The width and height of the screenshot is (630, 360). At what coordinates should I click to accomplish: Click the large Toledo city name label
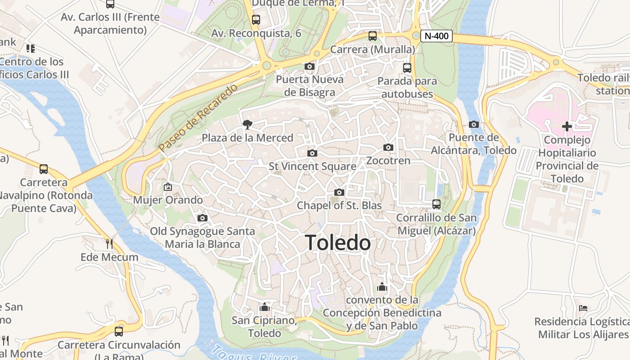coord(338,243)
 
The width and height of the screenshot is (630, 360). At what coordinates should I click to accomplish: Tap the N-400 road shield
coord(436,36)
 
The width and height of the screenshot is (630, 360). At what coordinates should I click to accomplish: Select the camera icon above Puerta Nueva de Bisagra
coord(310,67)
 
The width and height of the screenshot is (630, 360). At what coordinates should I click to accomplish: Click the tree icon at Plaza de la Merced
coord(247,125)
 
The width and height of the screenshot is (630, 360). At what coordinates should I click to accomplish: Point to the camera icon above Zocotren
coord(388,148)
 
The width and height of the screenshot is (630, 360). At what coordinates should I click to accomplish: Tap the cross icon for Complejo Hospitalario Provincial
coord(567,126)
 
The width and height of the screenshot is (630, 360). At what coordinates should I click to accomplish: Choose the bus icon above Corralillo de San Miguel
coord(436,204)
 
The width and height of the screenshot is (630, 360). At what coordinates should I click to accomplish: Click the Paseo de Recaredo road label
coord(198,117)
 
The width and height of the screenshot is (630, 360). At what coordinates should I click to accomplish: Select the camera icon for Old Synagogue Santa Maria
coord(202,218)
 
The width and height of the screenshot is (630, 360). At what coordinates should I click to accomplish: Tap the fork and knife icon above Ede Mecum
coord(109,244)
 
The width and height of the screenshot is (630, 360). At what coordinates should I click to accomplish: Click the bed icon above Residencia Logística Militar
coord(583,308)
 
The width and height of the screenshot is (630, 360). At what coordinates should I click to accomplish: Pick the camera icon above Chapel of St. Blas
coord(339,193)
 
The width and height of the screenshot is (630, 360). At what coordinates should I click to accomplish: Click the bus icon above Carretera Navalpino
coord(44,169)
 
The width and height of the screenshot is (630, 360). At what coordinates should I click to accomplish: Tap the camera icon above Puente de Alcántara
coord(473,124)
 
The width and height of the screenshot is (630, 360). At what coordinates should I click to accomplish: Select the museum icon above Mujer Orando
coord(168,186)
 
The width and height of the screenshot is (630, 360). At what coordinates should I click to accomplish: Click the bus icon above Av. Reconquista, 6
coord(256,20)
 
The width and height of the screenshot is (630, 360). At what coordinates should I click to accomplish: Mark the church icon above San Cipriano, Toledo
coord(264,307)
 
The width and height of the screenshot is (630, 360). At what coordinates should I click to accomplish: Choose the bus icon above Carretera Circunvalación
coord(119,332)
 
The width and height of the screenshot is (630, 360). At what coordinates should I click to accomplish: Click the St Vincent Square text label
coord(312,166)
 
